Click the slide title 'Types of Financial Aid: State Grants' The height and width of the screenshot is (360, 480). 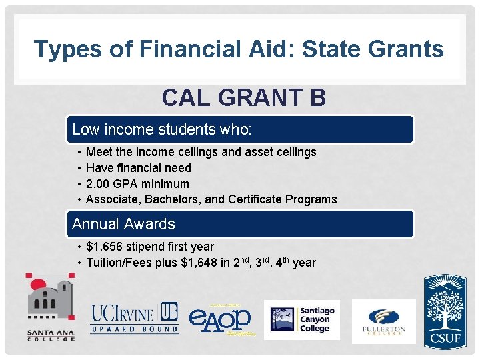239,49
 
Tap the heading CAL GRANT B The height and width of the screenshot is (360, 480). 243,98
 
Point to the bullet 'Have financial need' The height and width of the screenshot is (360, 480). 139,168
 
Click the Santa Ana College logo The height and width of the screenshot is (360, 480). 51,307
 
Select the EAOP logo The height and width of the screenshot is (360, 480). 220,319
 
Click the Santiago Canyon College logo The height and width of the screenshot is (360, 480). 302,319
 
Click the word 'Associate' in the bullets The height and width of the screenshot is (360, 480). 112,199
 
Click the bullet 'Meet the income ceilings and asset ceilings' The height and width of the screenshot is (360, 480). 201,152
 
